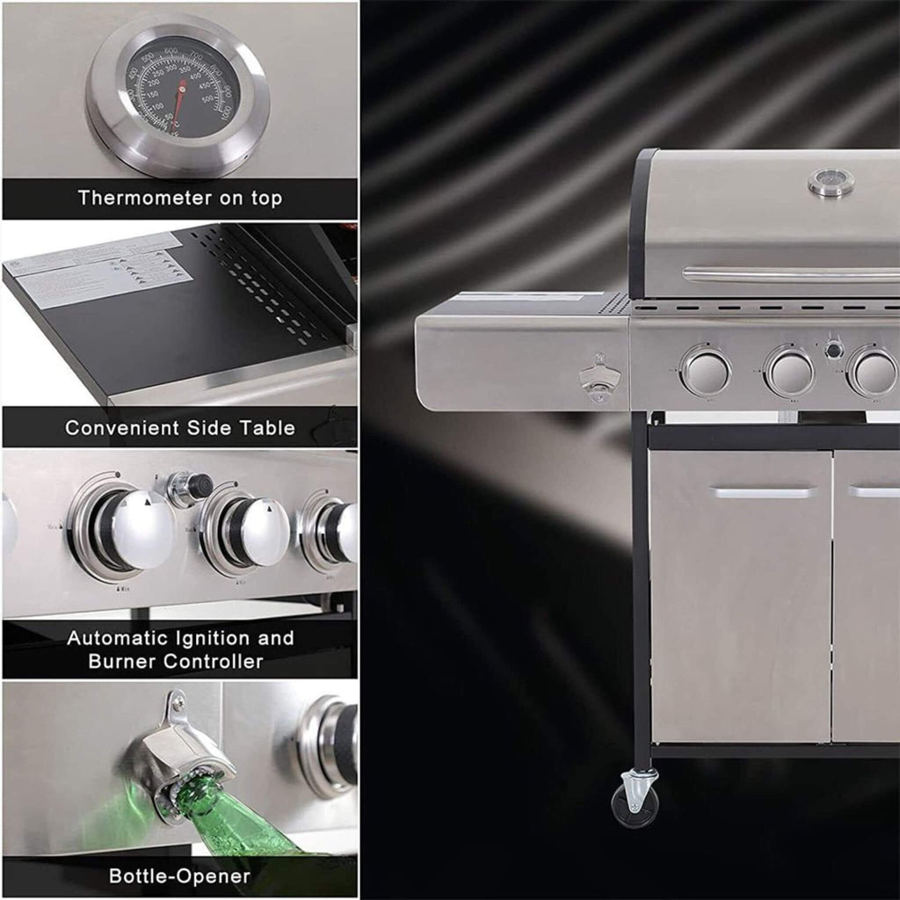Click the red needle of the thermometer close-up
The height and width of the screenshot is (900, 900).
pyautogui.click(x=180, y=101)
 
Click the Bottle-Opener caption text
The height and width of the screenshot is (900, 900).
pyautogui.click(x=179, y=875)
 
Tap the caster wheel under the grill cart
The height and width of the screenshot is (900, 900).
pyautogui.click(x=635, y=801)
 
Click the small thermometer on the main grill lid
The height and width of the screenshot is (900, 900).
pyautogui.click(x=830, y=182)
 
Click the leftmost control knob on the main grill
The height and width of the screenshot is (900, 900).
pyautogui.click(x=706, y=371)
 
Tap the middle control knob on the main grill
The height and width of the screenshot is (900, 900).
pyautogui.click(x=789, y=372)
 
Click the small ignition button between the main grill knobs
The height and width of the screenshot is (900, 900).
pyautogui.click(x=833, y=349)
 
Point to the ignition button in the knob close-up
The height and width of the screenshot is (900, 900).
pyautogui.click(x=191, y=487)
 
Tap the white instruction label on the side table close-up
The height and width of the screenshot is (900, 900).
pyautogui.click(x=97, y=268)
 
